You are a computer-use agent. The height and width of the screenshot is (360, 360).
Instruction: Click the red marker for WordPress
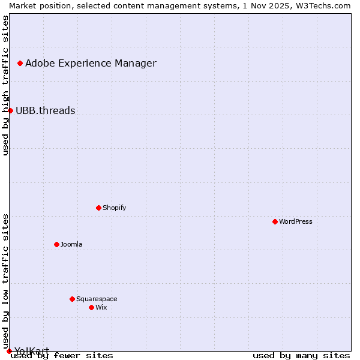pyautogui.click(x=275, y=221)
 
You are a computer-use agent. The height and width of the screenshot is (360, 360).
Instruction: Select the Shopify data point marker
pyautogui.click(x=98, y=208)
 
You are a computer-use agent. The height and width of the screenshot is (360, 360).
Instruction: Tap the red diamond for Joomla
pyautogui.click(x=56, y=244)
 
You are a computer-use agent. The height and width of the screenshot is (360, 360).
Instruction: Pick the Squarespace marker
pyautogui.click(x=72, y=299)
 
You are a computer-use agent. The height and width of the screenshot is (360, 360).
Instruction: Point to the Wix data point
pyautogui.click(x=91, y=307)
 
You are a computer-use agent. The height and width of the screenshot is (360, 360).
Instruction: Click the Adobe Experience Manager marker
pyautogui.click(x=20, y=63)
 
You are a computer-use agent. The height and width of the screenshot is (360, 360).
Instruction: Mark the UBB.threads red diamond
pyautogui.click(x=10, y=110)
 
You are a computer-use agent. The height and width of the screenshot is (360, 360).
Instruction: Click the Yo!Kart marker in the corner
pyautogui.click(x=9, y=351)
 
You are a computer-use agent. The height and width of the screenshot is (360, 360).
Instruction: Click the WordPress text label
pyautogui.click(x=296, y=221)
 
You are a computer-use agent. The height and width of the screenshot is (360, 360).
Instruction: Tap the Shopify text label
pyautogui.click(x=114, y=208)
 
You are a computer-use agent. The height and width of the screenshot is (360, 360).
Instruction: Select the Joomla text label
pyautogui.click(x=71, y=244)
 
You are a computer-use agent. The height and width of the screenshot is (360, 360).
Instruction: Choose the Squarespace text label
pyautogui.click(x=97, y=299)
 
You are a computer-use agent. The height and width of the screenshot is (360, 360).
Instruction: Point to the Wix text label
pyautogui.click(x=101, y=307)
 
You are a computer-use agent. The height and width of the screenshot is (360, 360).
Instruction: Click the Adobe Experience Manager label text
pyautogui.click(x=91, y=63)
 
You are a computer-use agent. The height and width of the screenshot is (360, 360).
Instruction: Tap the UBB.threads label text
pyautogui.click(x=45, y=110)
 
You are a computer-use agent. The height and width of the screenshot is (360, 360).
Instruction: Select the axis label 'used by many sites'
pyautogui.click(x=301, y=355)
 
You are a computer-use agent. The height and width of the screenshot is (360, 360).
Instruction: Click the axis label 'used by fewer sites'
pyautogui.click(x=62, y=355)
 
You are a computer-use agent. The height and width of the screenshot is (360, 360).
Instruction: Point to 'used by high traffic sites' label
pyautogui.click(x=5, y=85)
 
